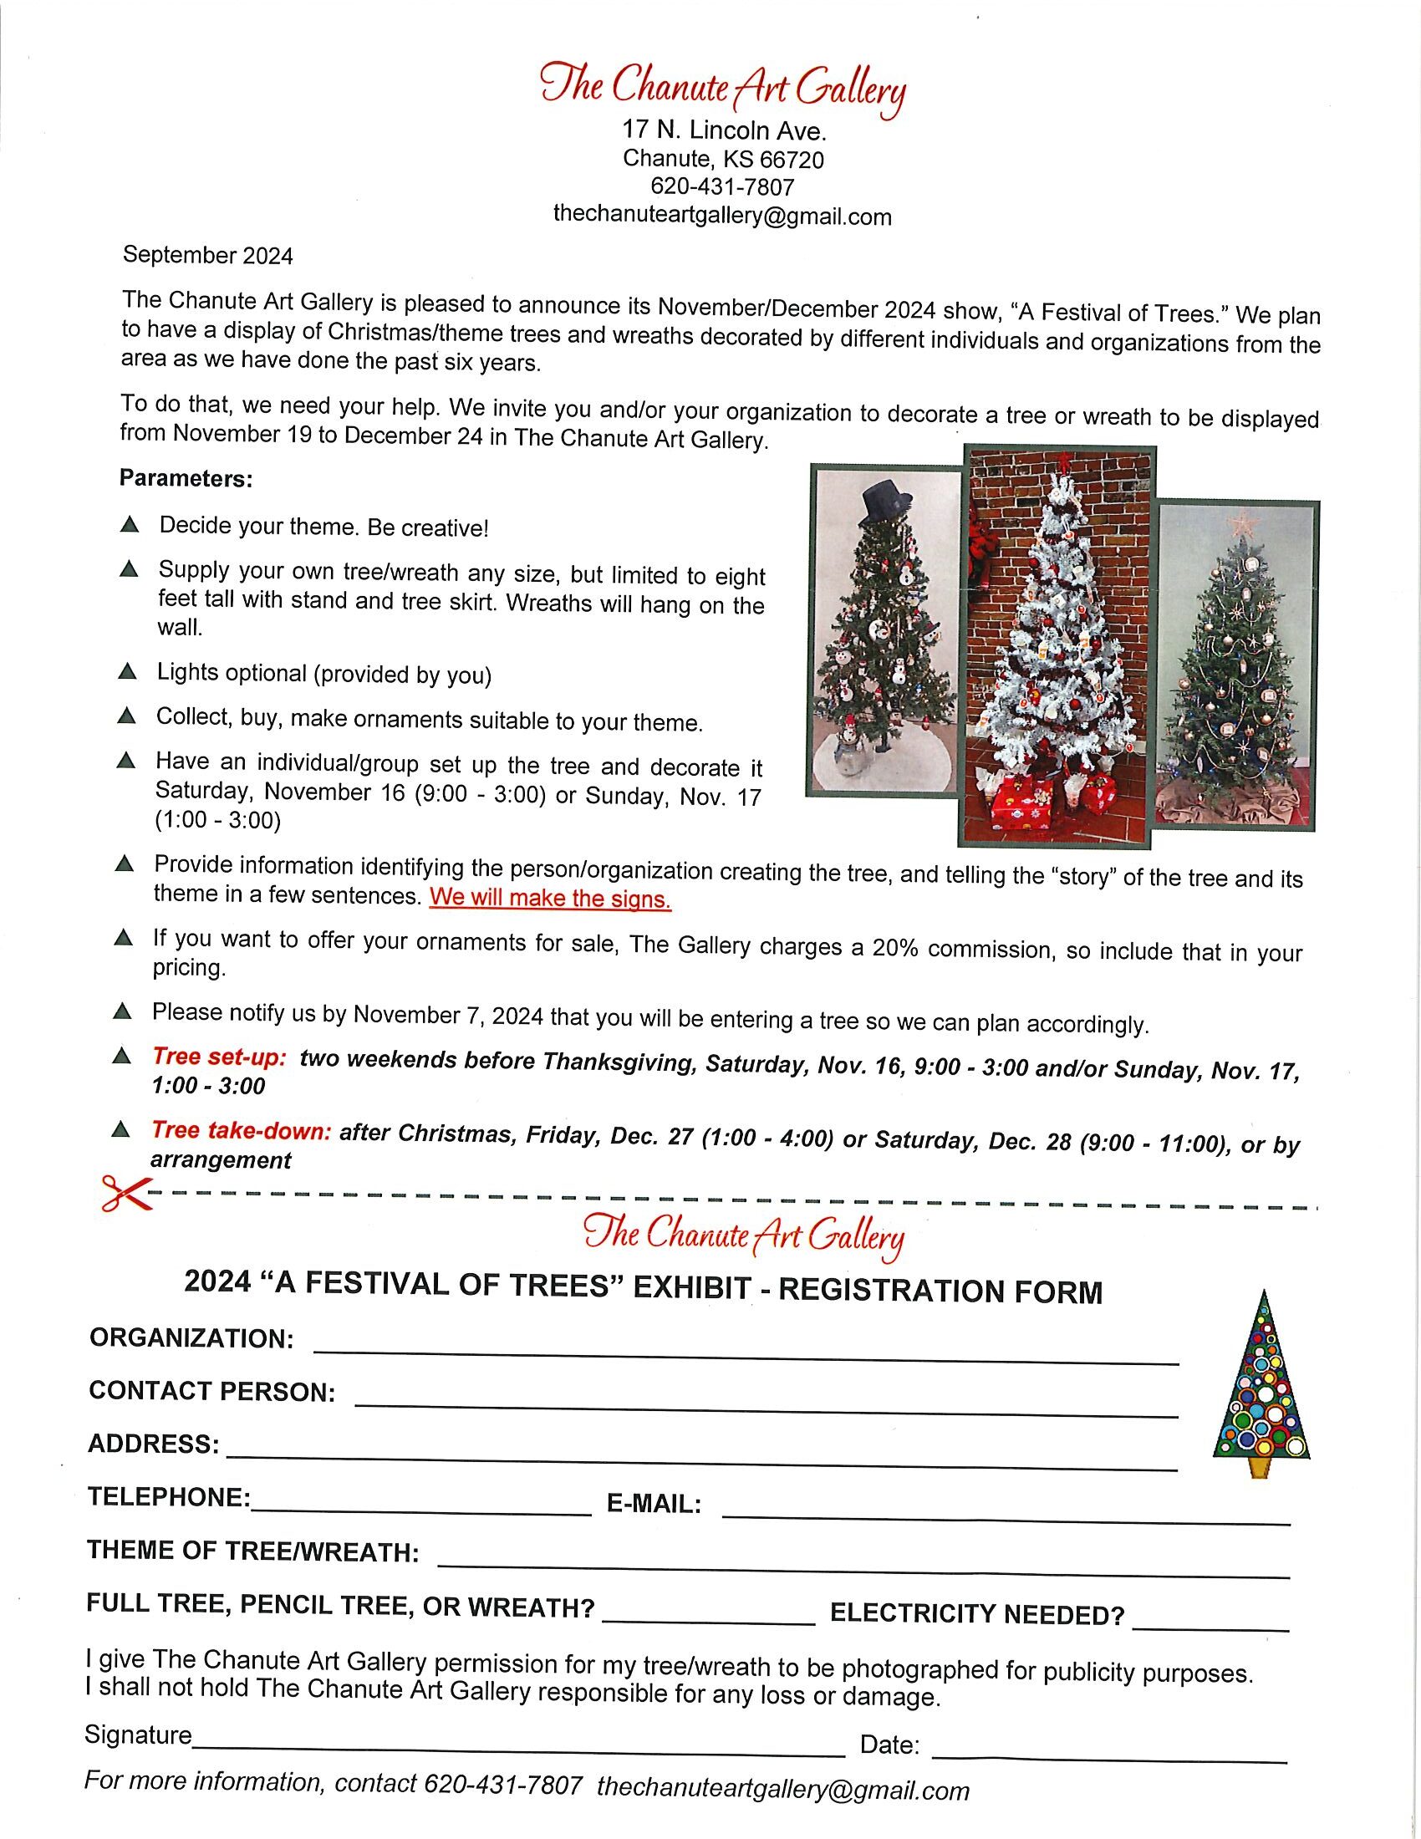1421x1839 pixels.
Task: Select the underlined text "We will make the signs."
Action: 550,899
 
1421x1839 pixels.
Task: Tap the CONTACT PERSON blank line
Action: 766,1409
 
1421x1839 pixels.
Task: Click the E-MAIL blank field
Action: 1006,1516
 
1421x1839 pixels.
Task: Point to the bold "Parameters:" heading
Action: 186,479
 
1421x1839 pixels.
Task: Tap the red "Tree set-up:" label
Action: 220,1057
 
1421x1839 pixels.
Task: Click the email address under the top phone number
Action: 721,217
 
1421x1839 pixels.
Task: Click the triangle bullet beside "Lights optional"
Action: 127,671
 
